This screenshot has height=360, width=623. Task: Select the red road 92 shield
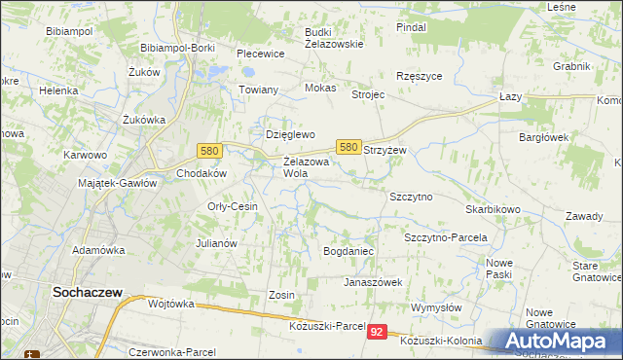(379, 332)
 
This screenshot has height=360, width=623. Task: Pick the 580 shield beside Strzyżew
(349, 146)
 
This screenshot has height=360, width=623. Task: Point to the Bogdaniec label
(348, 251)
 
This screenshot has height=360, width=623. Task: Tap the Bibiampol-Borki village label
(177, 47)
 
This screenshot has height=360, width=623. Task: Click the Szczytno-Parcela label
(445, 237)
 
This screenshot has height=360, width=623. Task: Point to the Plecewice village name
(260, 54)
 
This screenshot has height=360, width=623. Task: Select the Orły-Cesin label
(233, 206)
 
